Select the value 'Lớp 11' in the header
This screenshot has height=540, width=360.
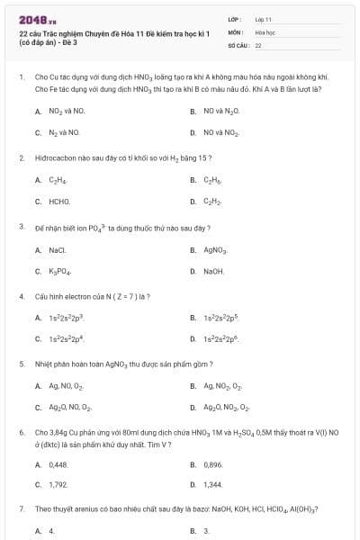point(263,19)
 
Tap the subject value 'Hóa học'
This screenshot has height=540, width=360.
point(265,31)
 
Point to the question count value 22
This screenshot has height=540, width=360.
point(258,44)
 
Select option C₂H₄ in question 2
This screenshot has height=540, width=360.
point(57,180)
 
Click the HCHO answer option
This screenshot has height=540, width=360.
point(59,202)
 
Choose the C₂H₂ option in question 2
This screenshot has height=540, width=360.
point(212,202)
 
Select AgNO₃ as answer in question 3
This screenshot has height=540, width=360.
point(215,249)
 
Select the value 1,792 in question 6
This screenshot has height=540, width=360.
point(58,485)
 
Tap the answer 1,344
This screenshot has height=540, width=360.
point(212,485)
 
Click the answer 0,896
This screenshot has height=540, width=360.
point(213,464)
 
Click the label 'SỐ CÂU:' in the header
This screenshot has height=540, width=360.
point(238,44)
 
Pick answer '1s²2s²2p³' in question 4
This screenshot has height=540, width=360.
point(66,318)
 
